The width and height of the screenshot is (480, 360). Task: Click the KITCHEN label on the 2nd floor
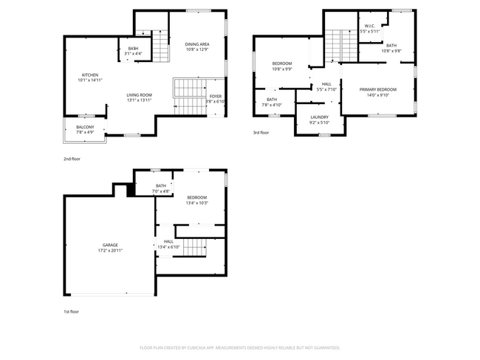click(89, 75)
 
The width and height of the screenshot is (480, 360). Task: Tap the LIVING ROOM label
click(139, 95)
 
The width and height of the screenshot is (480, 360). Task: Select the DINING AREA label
click(197, 44)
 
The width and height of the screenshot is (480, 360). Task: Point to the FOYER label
click(215, 96)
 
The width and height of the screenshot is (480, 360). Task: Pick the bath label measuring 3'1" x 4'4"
click(133, 49)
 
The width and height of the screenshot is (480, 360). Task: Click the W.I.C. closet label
click(369, 27)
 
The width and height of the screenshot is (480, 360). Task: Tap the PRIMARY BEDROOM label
click(377, 89)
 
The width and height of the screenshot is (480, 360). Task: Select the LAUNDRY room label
click(319, 117)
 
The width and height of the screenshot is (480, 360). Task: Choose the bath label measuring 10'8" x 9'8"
click(391, 45)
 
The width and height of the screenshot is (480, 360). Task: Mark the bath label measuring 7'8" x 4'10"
click(272, 100)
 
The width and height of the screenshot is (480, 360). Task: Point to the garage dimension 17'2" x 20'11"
click(110, 251)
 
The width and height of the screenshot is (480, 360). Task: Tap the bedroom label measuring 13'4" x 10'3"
click(197, 198)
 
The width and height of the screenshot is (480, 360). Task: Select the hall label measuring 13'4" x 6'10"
click(168, 242)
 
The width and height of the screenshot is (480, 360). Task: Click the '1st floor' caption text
click(71, 311)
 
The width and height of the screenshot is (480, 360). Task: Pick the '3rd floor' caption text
click(261, 134)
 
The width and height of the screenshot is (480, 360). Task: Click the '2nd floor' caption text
click(71, 159)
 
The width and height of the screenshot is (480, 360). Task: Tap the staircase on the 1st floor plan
click(194, 248)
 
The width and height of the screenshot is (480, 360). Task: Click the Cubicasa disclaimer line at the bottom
click(239, 347)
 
